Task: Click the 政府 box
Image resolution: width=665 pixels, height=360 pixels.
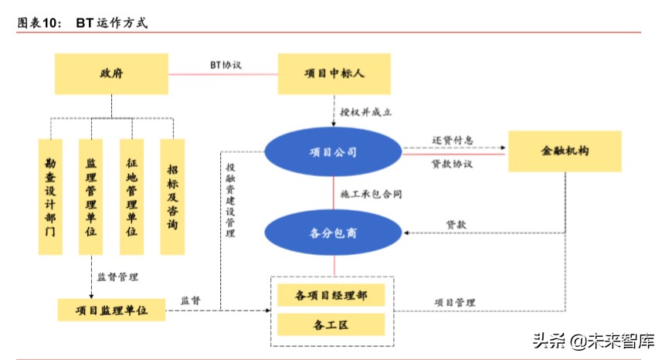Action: pos(111,74)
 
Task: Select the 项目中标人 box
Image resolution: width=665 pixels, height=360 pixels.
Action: pos(334,74)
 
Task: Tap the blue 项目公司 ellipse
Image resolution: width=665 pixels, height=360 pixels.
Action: pos(334,152)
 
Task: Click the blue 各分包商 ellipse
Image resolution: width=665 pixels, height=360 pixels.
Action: pos(334,232)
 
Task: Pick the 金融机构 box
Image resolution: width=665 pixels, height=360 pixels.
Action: pos(565,151)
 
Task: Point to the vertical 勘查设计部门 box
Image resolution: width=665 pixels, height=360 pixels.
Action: pos(51,198)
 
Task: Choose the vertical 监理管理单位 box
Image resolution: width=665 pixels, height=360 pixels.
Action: pos(91,198)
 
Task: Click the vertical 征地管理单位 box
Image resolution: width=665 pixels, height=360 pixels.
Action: pos(132,198)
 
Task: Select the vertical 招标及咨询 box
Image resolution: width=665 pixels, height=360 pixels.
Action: pos(172,198)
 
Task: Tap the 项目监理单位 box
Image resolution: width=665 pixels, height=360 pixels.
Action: pos(111,310)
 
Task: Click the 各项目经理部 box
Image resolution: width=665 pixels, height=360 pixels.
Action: pos(331,296)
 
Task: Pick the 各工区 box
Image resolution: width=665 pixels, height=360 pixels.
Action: pos(331,324)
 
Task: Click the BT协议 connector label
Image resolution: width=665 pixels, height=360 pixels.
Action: pos(226,65)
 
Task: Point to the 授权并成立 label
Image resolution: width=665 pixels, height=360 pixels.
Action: pos(366,112)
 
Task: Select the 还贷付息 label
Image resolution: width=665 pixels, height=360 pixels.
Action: pos(452,141)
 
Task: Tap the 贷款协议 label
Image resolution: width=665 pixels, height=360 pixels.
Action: pos(452,164)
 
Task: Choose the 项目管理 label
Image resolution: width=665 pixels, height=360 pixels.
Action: pos(455,302)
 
